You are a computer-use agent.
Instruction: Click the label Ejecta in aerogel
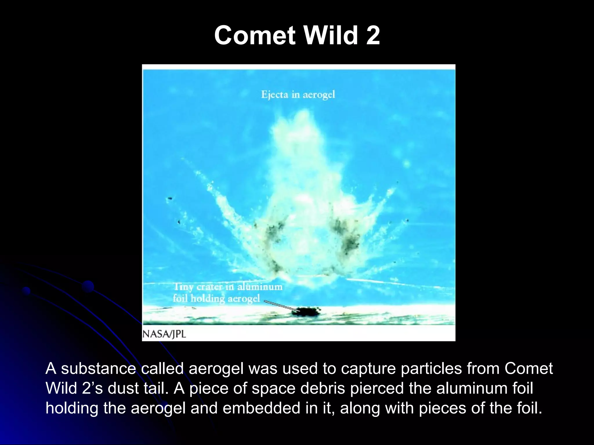pos(298,95)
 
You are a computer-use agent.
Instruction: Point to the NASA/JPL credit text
pos(164,334)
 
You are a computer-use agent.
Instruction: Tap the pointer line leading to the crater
pos(278,304)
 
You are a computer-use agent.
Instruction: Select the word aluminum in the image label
pos(260,287)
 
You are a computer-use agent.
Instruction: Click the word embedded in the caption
pos(261,408)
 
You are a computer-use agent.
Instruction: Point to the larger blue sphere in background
pos(88,287)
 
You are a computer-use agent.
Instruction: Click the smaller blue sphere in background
pos(26,291)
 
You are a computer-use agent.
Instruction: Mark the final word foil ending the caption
pos(529,408)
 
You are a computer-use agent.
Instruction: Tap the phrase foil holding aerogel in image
pos(216,298)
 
